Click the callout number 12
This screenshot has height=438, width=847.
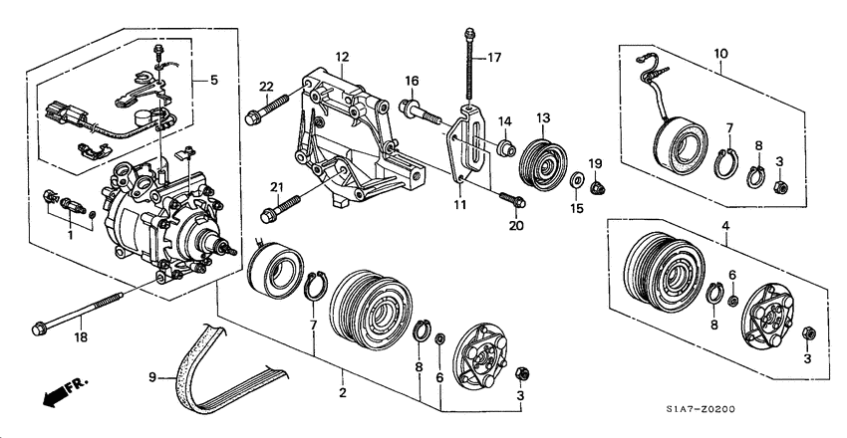342,57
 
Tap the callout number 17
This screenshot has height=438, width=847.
495,58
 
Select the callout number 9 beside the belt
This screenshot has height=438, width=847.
152,377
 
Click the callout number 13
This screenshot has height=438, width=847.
542,117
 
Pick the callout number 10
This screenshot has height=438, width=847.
720,54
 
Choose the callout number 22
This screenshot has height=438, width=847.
266,87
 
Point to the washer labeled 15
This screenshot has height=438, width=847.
577,178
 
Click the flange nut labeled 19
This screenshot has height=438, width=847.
596,188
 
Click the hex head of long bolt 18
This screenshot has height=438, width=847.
38,328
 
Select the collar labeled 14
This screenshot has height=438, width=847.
505,147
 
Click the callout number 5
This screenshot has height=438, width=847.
214,81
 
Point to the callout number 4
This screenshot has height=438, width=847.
726,226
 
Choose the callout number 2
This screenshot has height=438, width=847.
343,392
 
